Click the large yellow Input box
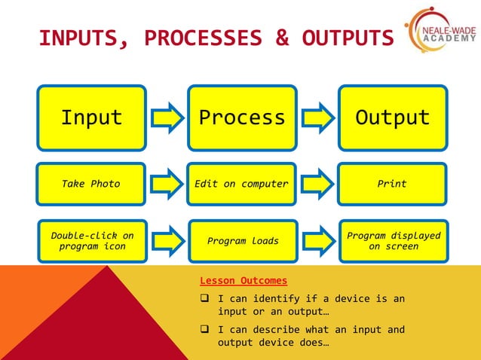pyautogui.click(x=91, y=117)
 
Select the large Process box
pyautogui.click(x=242, y=117)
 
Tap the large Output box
pyautogui.click(x=392, y=117)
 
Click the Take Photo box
pyautogui.click(x=91, y=184)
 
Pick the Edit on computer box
pyautogui.click(x=241, y=184)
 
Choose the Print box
pyautogui.click(x=392, y=184)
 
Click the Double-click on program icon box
pyautogui.click(x=91, y=241)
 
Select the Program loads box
pyautogui.click(x=241, y=241)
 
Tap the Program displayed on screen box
pyautogui.click(x=392, y=241)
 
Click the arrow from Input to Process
pyautogui.click(x=167, y=118)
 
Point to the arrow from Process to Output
pyautogui.click(x=317, y=118)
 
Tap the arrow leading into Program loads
pyautogui.click(x=167, y=241)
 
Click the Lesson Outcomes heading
pyautogui.click(x=244, y=281)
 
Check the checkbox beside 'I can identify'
pyautogui.click(x=204, y=299)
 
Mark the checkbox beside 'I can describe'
pyautogui.click(x=204, y=330)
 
